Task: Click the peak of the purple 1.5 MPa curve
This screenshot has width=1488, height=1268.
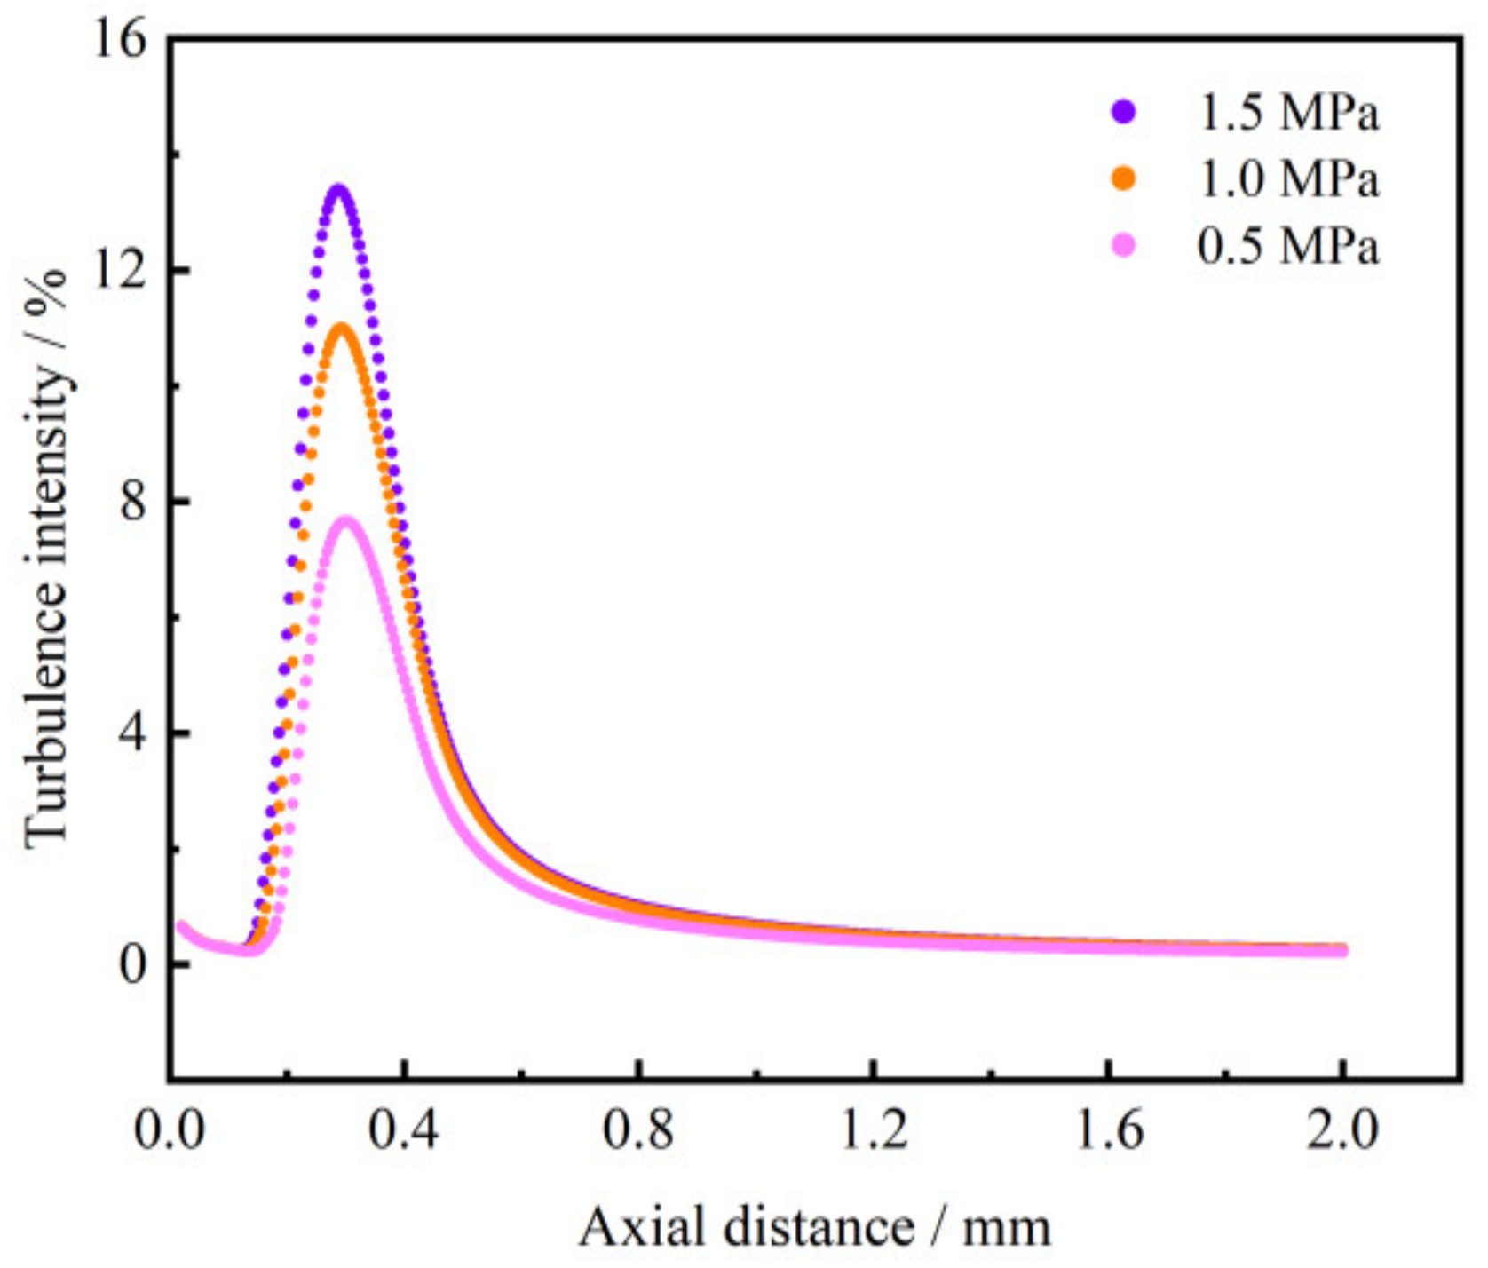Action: point(338,188)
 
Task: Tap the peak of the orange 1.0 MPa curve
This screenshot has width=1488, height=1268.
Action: point(342,327)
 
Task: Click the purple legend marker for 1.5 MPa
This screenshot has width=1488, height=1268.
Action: point(1123,113)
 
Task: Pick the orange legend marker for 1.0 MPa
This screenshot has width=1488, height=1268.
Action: point(1123,178)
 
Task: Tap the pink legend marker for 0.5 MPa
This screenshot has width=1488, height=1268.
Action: point(1123,245)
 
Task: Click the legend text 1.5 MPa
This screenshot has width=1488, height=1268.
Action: point(1288,113)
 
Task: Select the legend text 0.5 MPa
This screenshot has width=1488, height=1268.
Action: point(1288,245)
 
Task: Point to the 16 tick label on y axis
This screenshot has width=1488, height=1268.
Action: point(119,40)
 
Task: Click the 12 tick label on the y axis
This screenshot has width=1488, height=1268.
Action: point(119,271)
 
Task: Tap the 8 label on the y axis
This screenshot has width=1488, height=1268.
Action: point(133,502)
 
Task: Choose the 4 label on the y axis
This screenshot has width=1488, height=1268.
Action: point(133,733)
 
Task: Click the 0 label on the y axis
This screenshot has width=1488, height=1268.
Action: point(133,964)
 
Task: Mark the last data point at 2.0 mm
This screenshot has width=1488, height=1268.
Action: point(1342,950)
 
